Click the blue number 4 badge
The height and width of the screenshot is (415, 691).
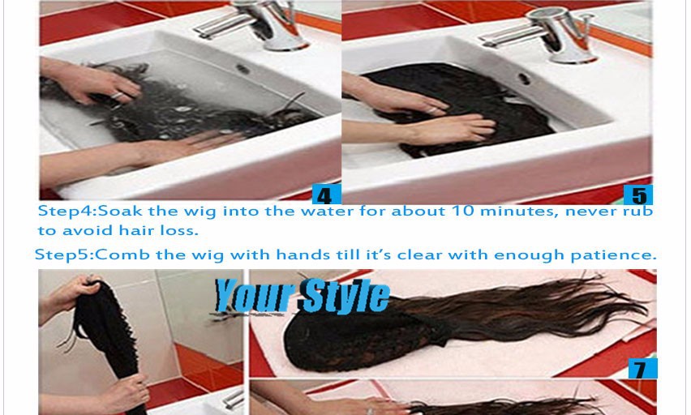[326, 195]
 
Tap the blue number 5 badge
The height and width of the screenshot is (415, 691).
[638, 195]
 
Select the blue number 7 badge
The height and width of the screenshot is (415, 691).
[642, 369]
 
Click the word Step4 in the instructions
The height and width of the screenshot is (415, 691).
[65, 211]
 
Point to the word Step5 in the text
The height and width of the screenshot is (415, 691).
[62, 255]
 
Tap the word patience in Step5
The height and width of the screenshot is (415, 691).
[613, 255]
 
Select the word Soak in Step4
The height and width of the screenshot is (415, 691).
[120, 211]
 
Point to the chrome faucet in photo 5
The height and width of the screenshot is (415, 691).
[547, 35]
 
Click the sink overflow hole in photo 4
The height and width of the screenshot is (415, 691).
[242, 69]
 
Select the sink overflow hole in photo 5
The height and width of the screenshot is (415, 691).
[524, 79]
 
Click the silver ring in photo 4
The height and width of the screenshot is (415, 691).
[117, 96]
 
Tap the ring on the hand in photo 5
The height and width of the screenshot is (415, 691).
[434, 110]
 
